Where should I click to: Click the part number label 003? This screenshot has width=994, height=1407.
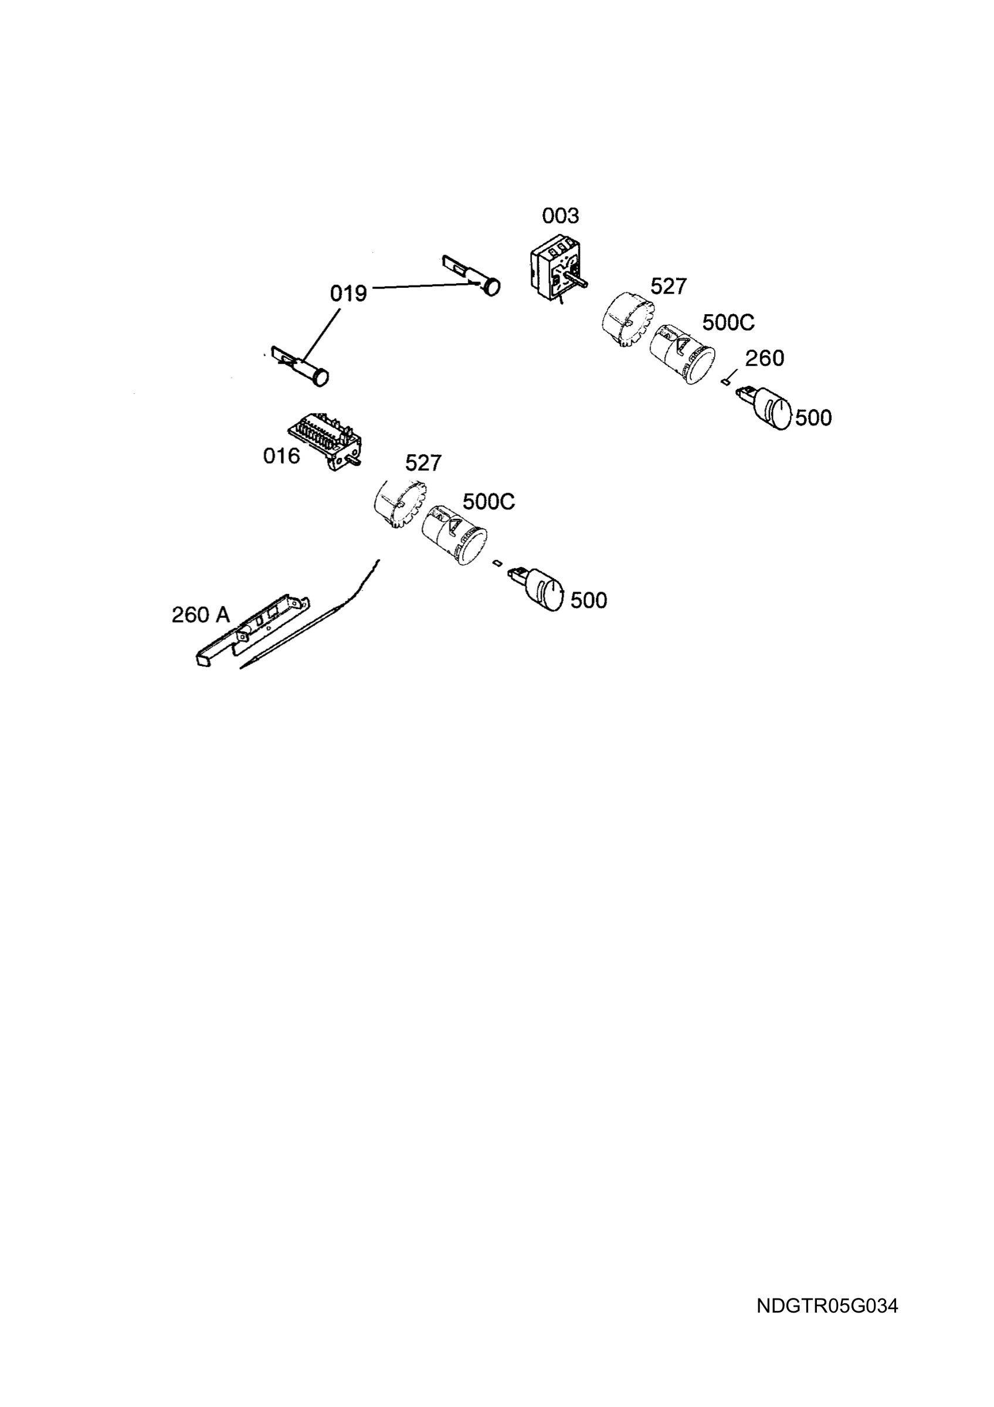tap(560, 216)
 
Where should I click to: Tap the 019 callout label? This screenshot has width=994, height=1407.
tap(348, 294)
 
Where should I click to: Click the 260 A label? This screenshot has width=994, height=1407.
tap(201, 614)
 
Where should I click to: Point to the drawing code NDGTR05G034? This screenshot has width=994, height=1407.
tap(827, 1306)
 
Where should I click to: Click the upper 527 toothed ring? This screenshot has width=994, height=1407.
tap(628, 321)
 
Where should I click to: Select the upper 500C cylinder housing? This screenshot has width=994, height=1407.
tap(682, 354)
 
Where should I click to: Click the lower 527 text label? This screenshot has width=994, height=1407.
tap(423, 463)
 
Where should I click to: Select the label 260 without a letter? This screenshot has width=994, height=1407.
tap(765, 358)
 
